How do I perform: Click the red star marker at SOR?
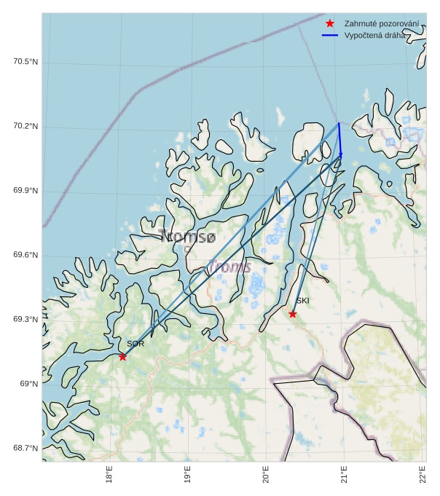122,356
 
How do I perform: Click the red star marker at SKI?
292,314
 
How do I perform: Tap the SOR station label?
135,344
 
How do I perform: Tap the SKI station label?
302,300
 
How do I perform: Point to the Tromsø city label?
187,237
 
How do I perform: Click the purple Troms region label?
229,267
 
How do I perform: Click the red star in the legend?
330,24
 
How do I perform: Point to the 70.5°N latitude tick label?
25,62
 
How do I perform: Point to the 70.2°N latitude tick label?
25,127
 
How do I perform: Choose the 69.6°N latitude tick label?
25,256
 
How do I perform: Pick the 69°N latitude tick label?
29,384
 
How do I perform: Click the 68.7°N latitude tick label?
25,448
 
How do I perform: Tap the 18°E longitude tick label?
109,474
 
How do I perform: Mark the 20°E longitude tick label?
266,474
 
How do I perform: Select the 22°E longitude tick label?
423,474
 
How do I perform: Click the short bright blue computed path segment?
339,139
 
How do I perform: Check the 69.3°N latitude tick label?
25,320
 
